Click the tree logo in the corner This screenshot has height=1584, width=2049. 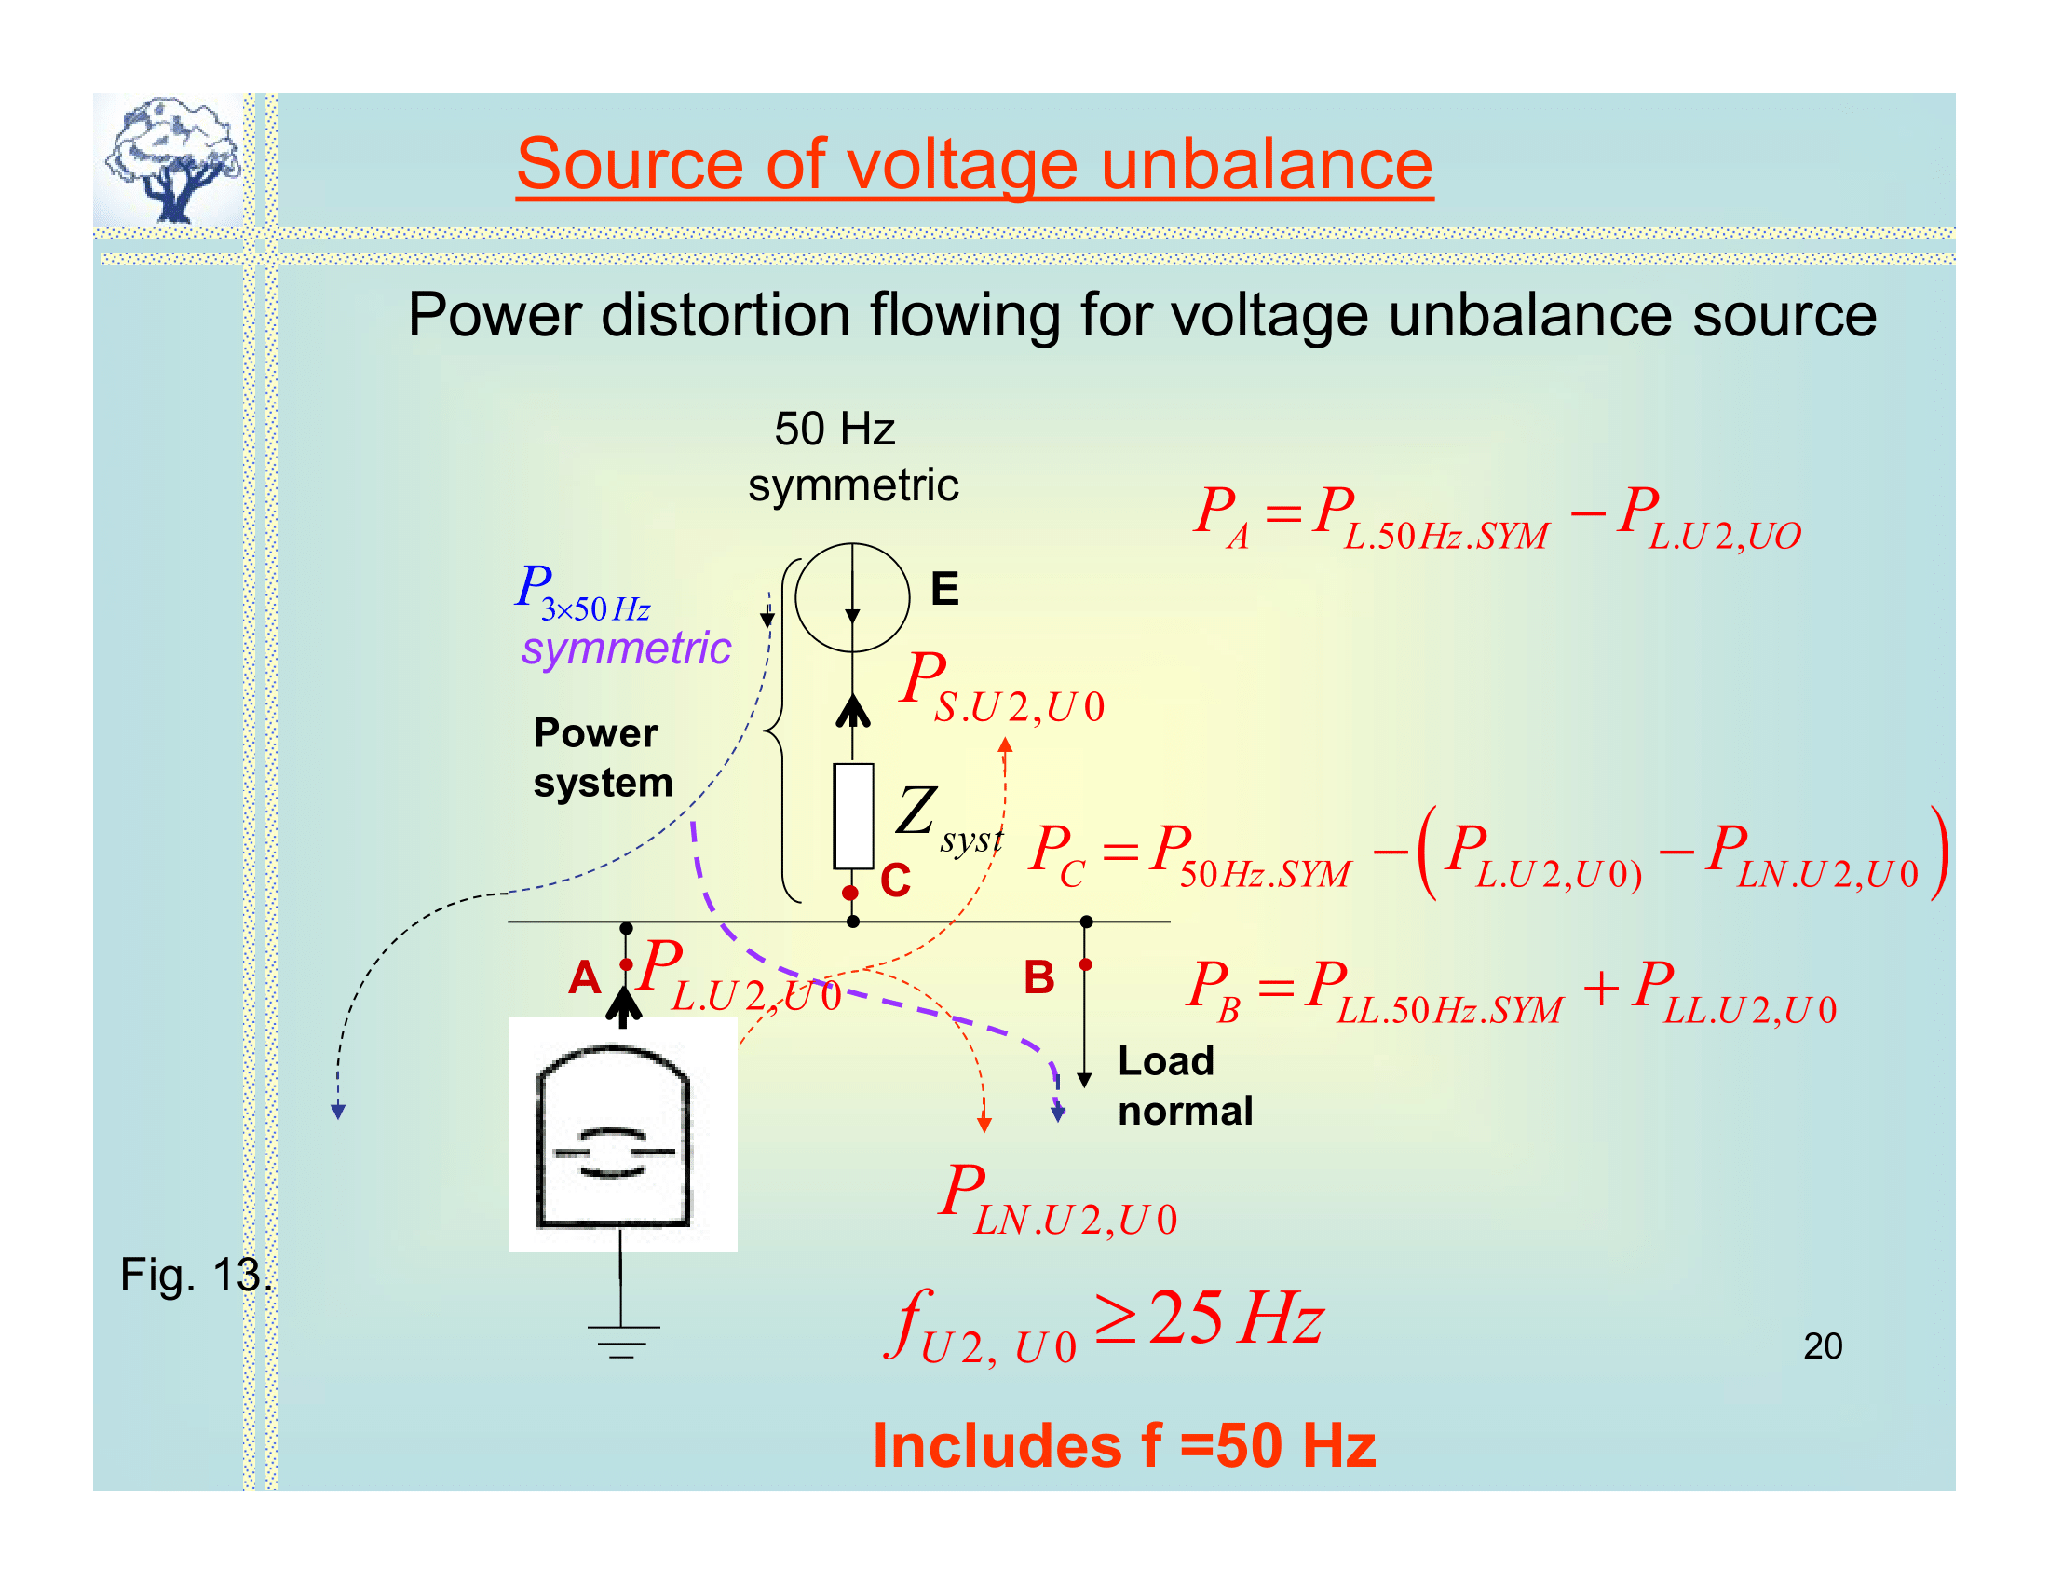(x=171, y=159)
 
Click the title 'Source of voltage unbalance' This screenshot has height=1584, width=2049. (x=974, y=164)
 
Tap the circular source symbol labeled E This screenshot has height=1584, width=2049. (x=852, y=597)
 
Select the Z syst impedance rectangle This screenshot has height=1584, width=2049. (x=853, y=815)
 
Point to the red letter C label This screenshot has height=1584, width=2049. (x=895, y=881)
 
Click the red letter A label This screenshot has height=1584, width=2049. (x=584, y=977)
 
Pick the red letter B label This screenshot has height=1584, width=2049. (x=1038, y=977)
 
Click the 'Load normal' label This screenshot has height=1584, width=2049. (x=1184, y=1086)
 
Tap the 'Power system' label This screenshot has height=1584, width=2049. (x=603, y=758)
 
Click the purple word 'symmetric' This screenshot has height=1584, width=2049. (x=626, y=649)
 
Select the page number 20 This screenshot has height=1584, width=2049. (x=1822, y=1345)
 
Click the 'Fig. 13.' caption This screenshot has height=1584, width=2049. (x=196, y=1275)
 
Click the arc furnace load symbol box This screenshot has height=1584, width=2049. (x=622, y=1134)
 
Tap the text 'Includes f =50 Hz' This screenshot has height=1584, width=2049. (x=1124, y=1445)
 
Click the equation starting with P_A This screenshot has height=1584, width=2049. (x=1496, y=518)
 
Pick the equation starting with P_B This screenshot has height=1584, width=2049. (x=1511, y=992)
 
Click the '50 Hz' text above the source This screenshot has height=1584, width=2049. (x=835, y=430)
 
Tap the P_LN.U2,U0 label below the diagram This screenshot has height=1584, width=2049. (x=1057, y=1200)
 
